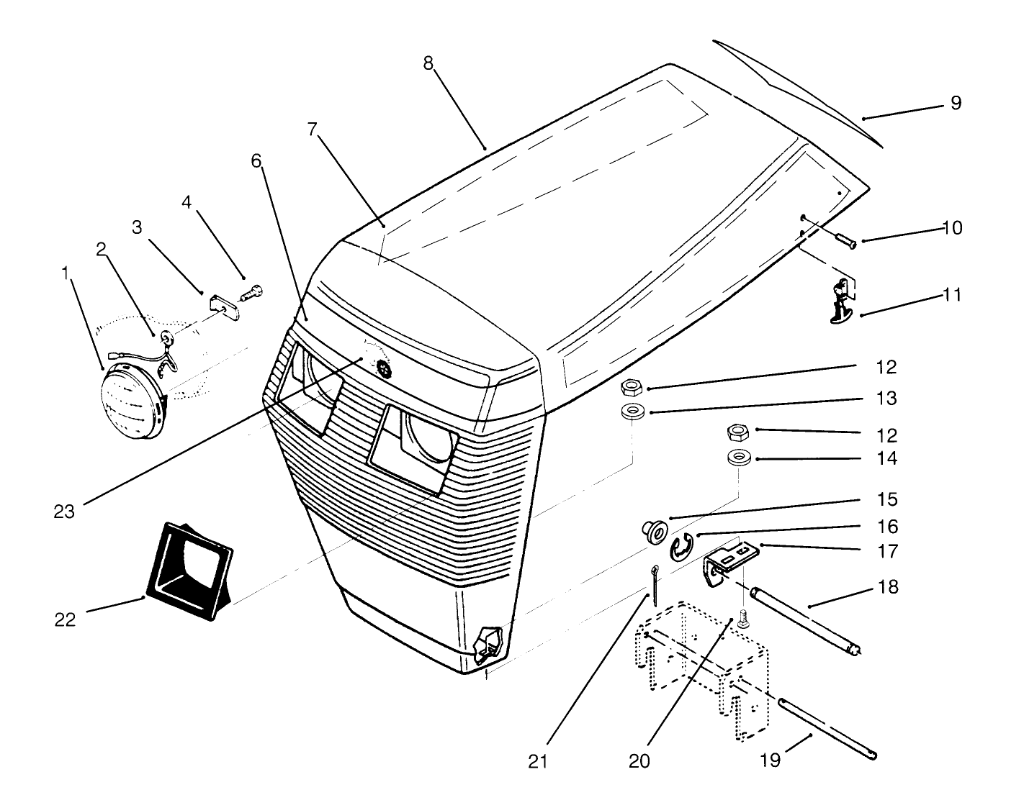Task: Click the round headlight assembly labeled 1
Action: [133, 404]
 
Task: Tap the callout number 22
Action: [65, 619]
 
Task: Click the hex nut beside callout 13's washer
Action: [632, 388]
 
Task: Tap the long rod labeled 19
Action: [828, 727]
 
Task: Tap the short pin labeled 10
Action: [843, 239]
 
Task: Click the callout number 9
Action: [955, 103]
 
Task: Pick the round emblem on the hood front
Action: [382, 368]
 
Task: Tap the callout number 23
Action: [64, 512]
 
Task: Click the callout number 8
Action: [428, 63]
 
